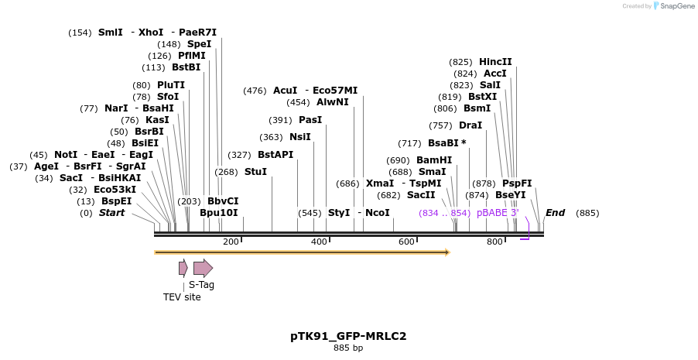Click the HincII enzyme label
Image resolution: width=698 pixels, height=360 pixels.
click(x=495, y=62)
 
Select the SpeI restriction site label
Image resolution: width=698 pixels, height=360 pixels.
click(x=199, y=44)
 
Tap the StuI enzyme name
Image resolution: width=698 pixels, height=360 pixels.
click(x=255, y=172)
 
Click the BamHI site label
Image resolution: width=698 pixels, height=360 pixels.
click(x=434, y=160)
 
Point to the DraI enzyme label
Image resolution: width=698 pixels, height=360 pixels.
click(x=470, y=125)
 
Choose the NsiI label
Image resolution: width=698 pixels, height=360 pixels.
click(x=300, y=137)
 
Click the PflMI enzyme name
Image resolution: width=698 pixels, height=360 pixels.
click(x=192, y=56)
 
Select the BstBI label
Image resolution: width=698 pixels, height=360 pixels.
click(x=186, y=67)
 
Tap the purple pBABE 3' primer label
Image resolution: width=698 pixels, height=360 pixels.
click(x=498, y=213)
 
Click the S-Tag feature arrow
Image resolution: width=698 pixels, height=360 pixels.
click(x=203, y=268)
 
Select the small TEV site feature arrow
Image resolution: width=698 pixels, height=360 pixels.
click(x=183, y=268)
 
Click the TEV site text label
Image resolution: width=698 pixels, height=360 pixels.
click(x=182, y=297)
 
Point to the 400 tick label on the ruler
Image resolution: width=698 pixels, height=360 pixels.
click(x=319, y=242)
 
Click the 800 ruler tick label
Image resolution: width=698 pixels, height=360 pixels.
click(x=494, y=242)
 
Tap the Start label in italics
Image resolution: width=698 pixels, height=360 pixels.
click(x=111, y=213)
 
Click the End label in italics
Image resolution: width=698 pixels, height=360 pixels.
click(x=555, y=213)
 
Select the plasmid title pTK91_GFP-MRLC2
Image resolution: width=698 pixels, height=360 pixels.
click(x=348, y=336)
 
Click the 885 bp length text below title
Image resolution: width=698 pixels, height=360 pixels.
click(x=348, y=348)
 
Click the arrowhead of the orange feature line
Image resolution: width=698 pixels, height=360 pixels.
click(x=447, y=252)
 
